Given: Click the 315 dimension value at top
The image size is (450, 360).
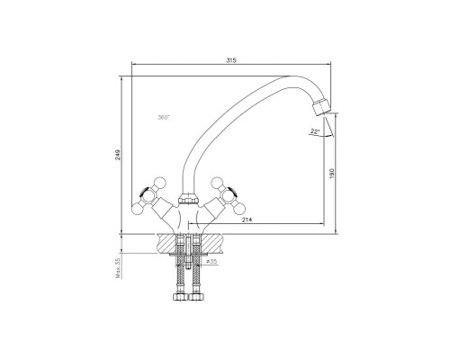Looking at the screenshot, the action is tap(231, 60).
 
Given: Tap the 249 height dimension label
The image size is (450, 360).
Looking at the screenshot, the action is tap(118, 155).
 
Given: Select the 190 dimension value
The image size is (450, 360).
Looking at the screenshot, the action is tap(331, 174).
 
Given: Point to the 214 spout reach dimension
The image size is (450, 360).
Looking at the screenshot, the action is tap(247, 220).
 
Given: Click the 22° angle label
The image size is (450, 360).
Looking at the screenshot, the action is tap(315, 131).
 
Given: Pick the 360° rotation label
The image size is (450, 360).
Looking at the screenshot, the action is tap(164, 117).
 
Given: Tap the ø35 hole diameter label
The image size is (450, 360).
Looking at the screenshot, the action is tap(211, 261).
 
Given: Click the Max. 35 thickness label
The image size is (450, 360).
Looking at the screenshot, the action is tap(118, 268).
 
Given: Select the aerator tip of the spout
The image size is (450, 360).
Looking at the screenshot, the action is tap(321, 106).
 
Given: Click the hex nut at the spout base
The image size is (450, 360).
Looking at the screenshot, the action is tap(187, 200).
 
